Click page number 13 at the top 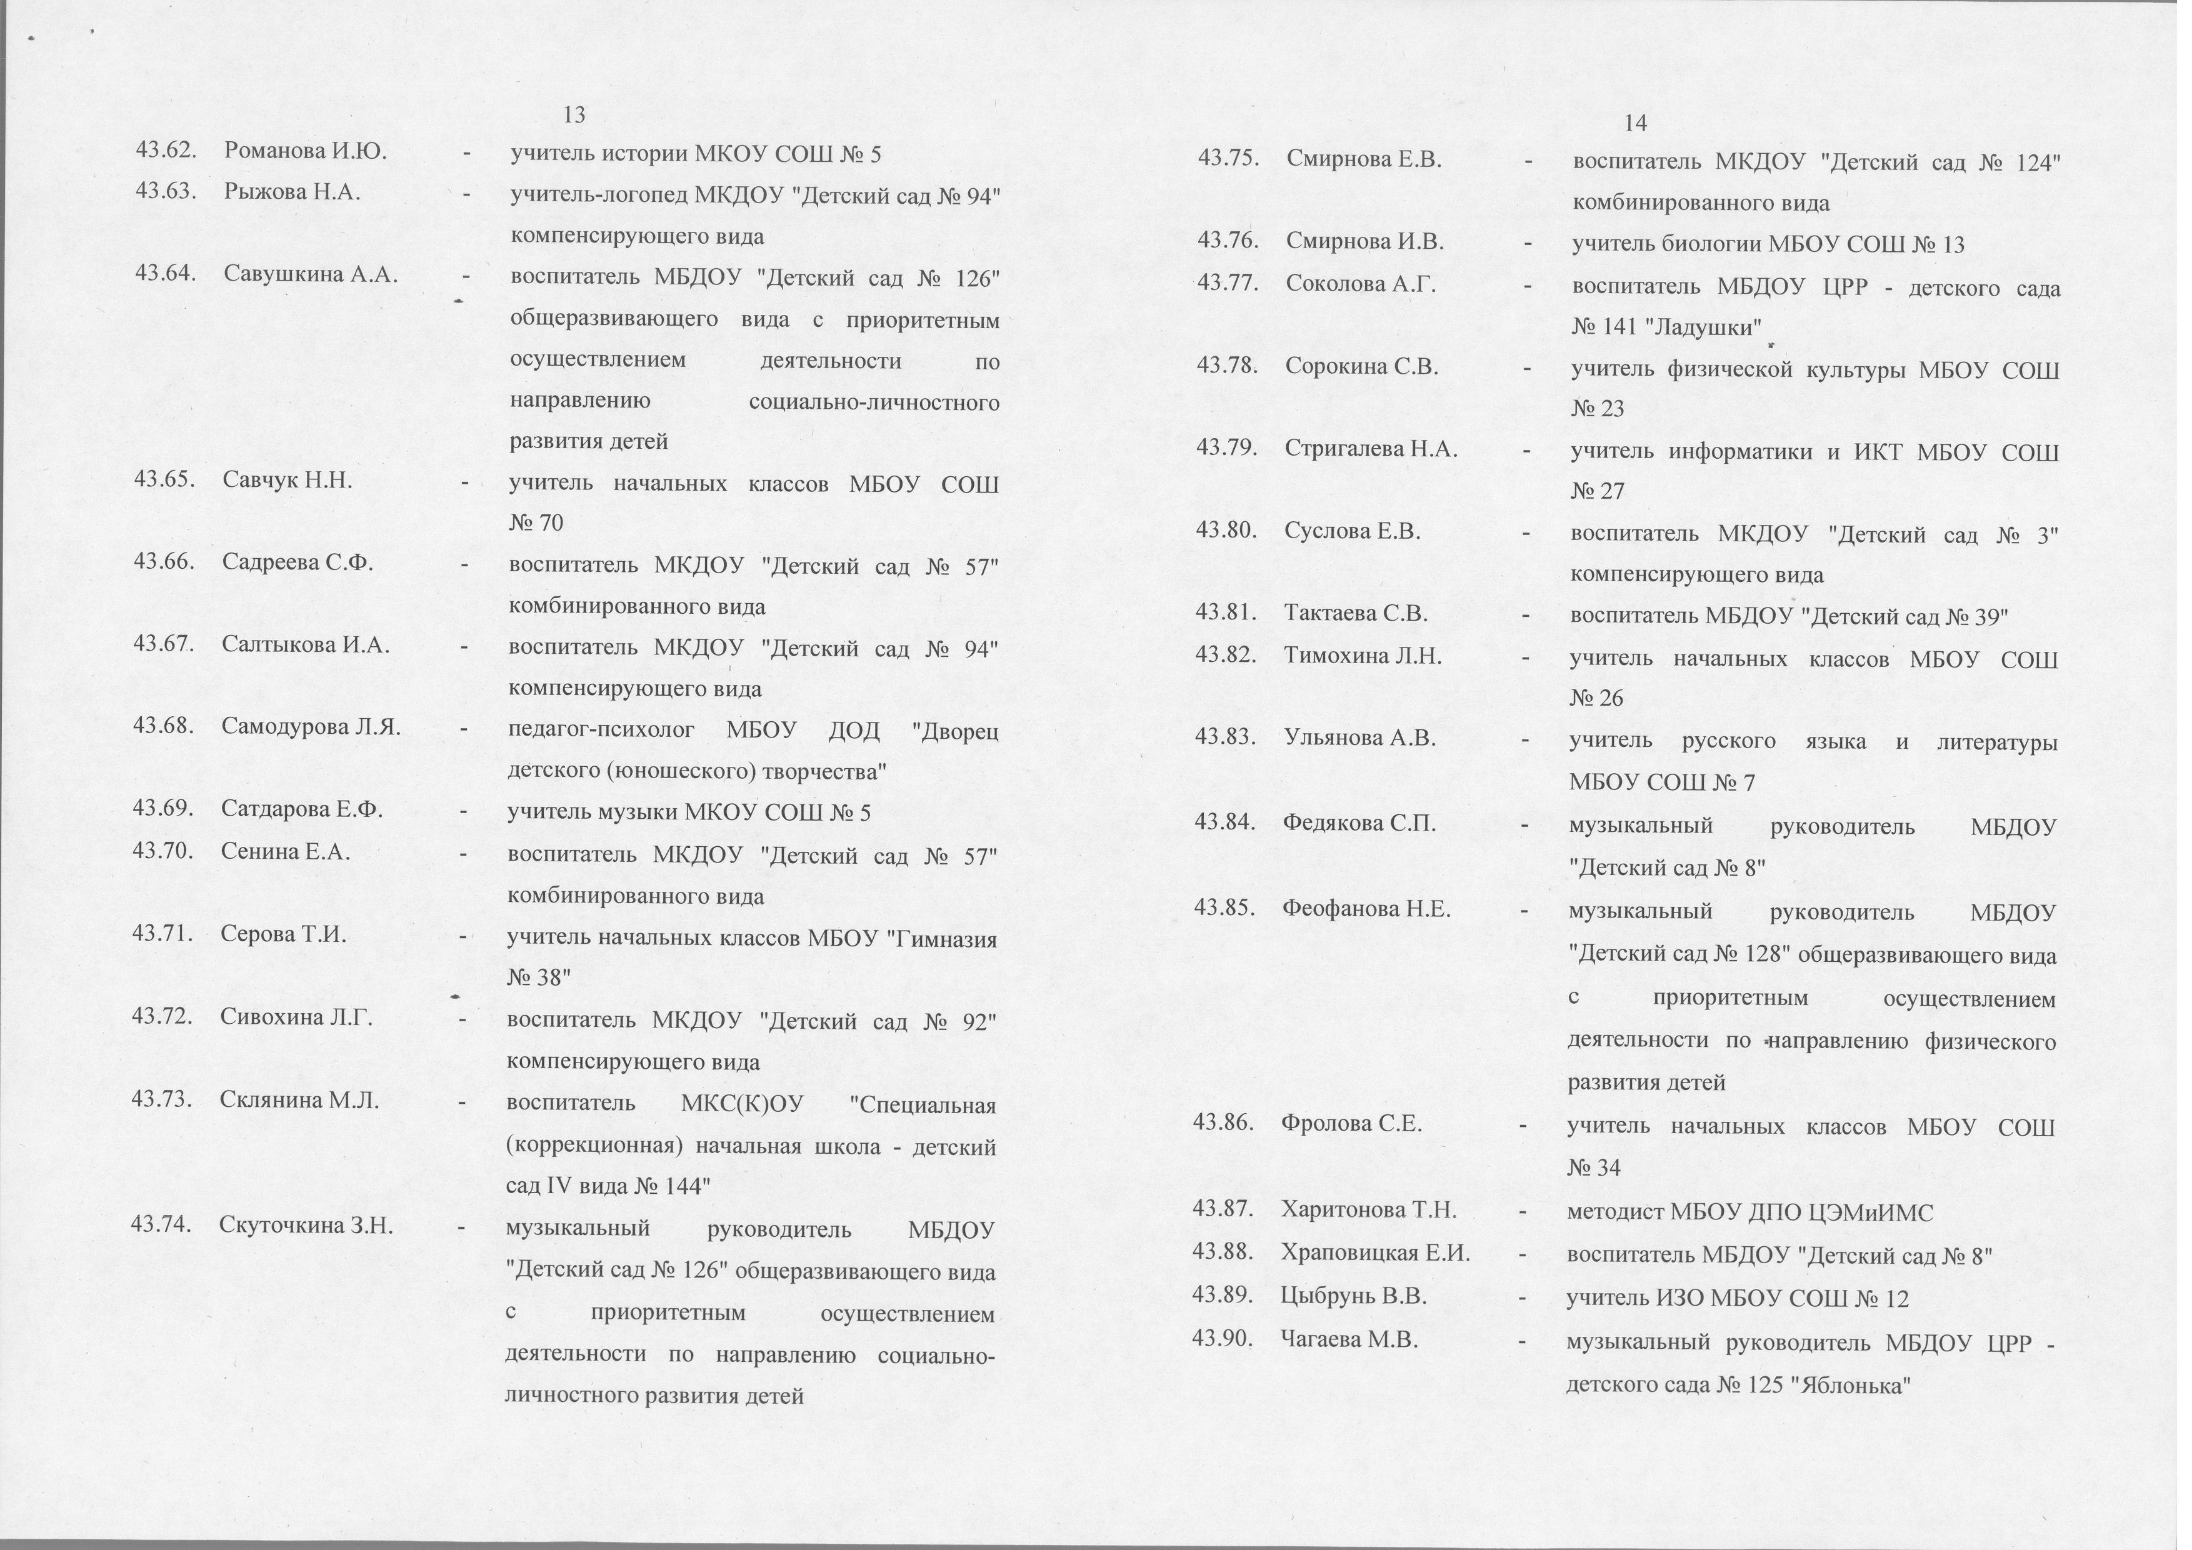coord(574,116)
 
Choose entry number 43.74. coord(163,1224)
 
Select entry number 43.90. coord(1222,1339)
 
